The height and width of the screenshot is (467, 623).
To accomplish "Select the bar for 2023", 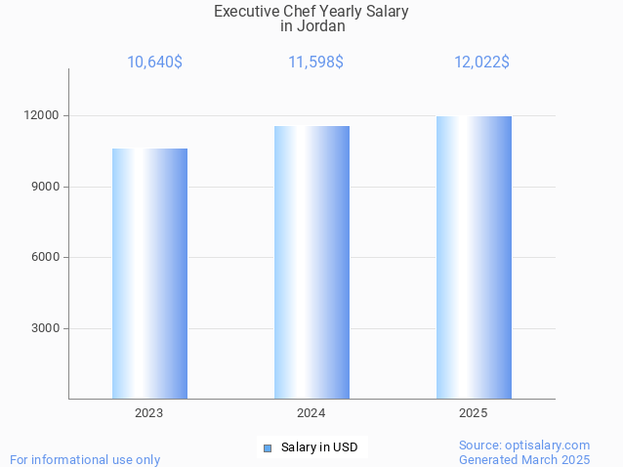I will point(149,274).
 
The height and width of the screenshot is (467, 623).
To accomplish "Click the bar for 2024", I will point(311,262).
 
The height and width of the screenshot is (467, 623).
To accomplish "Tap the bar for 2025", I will point(474,257).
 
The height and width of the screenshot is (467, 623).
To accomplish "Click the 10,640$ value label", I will point(154,63).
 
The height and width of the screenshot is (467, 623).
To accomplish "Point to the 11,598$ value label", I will point(315,63).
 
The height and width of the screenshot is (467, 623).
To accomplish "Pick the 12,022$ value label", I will point(481,63).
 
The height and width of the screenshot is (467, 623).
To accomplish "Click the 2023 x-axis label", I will point(149,413).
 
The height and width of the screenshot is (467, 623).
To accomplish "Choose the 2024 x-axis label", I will point(311,413).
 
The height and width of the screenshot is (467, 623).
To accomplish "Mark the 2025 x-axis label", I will point(474,413).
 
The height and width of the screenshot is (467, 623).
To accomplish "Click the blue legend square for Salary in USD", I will point(268,448).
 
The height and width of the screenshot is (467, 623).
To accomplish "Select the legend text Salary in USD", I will point(319,447).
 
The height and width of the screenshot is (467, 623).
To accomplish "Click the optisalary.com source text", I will point(524,445).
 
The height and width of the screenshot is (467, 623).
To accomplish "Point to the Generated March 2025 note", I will point(524,459).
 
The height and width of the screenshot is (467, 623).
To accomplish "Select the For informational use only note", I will point(85,459).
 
